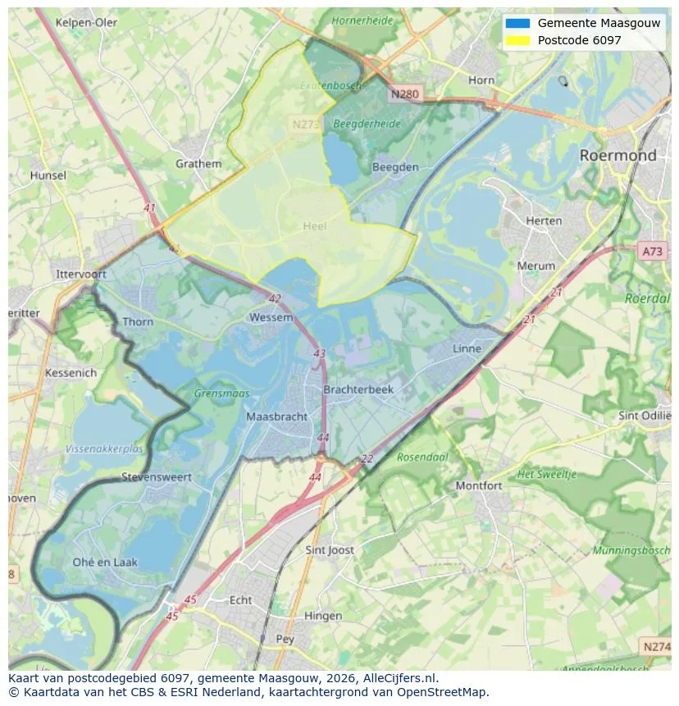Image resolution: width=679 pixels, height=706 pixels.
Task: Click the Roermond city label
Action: pos(617,155)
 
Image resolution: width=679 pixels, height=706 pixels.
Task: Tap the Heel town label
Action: pos(314,226)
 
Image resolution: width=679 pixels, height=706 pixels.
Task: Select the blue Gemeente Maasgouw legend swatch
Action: pos(518,23)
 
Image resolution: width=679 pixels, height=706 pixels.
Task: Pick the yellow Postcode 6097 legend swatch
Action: pos(518,40)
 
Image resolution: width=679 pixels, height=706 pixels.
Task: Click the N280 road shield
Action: pos(404,94)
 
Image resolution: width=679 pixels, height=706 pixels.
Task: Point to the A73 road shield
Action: pos(653,252)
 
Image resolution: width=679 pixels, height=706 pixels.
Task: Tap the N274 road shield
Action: pos(656,647)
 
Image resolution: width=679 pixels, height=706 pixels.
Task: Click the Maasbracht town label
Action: pos(277,417)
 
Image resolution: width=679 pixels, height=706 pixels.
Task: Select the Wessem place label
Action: pos(271,317)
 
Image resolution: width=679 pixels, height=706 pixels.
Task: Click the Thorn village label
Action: pos(137,321)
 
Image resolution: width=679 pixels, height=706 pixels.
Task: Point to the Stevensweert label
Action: pos(156,476)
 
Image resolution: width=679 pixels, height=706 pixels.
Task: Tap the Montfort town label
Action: pos(478,485)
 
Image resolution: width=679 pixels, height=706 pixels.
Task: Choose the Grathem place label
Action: pos(198,163)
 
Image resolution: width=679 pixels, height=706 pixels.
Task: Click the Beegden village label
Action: pos(395,166)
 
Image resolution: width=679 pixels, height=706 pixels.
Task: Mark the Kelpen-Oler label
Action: pos(86,22)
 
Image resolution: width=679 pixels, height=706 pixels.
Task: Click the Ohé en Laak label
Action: pos(105,562)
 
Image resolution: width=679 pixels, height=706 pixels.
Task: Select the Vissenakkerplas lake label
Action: pos(104,449)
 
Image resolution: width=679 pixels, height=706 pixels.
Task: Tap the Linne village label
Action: pos(467,348)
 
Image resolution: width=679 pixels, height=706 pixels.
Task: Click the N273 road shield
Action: pos(307,125)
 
